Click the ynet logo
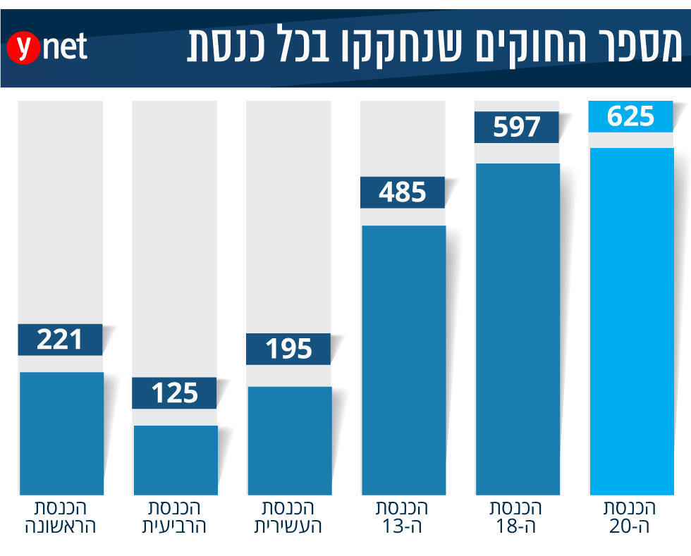48,48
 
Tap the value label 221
61,340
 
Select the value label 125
175,393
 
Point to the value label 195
289,349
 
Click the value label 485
403,192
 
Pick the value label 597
517,128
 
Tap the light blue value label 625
631,116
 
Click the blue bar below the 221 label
61,433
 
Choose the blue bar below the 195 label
289,440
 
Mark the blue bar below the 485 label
403,359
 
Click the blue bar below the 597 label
517,328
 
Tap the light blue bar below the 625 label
631,321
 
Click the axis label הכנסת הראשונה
60,517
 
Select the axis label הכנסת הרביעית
175,517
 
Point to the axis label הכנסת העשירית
288,517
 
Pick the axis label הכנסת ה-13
403,517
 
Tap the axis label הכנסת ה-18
517,517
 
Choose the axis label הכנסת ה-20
631,517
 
